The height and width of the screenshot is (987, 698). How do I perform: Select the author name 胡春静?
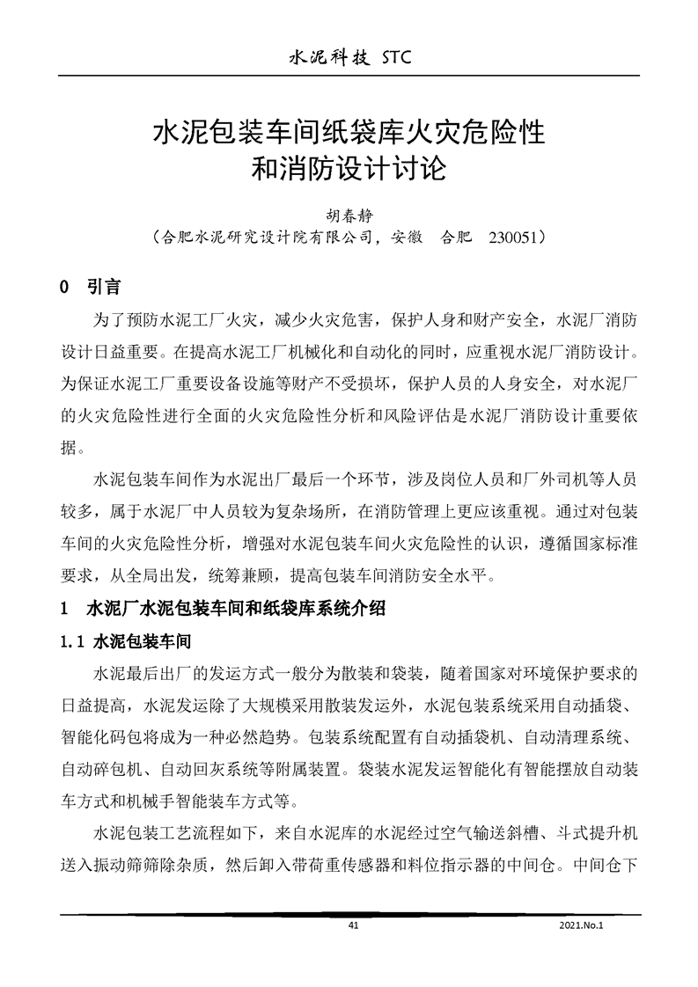click(x=349, y=215)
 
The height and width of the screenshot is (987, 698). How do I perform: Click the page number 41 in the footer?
click(x=354, y=926)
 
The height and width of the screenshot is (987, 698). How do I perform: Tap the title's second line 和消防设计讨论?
click(x=349, y=167)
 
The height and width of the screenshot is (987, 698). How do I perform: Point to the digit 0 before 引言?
click(x=63, y=289)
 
